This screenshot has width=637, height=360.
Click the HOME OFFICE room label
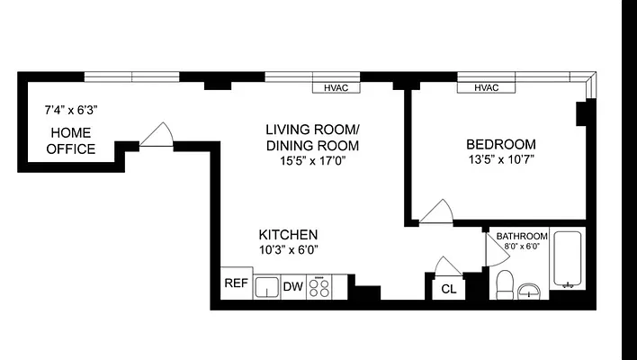72,140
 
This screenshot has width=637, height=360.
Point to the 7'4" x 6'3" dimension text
70,111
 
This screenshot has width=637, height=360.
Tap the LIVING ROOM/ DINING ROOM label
312,137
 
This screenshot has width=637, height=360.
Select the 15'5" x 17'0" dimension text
312,161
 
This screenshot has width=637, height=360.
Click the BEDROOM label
500,144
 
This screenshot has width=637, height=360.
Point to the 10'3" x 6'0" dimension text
288,249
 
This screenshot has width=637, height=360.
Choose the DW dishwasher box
293,287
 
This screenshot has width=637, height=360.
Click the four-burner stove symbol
319,287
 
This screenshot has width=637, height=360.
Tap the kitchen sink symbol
267,287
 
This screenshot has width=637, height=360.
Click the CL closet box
448,289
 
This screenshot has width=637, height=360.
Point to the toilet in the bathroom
505,283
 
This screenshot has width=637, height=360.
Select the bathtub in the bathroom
567,261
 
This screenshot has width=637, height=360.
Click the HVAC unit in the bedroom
486,88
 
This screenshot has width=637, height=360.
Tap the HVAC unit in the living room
336,88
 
